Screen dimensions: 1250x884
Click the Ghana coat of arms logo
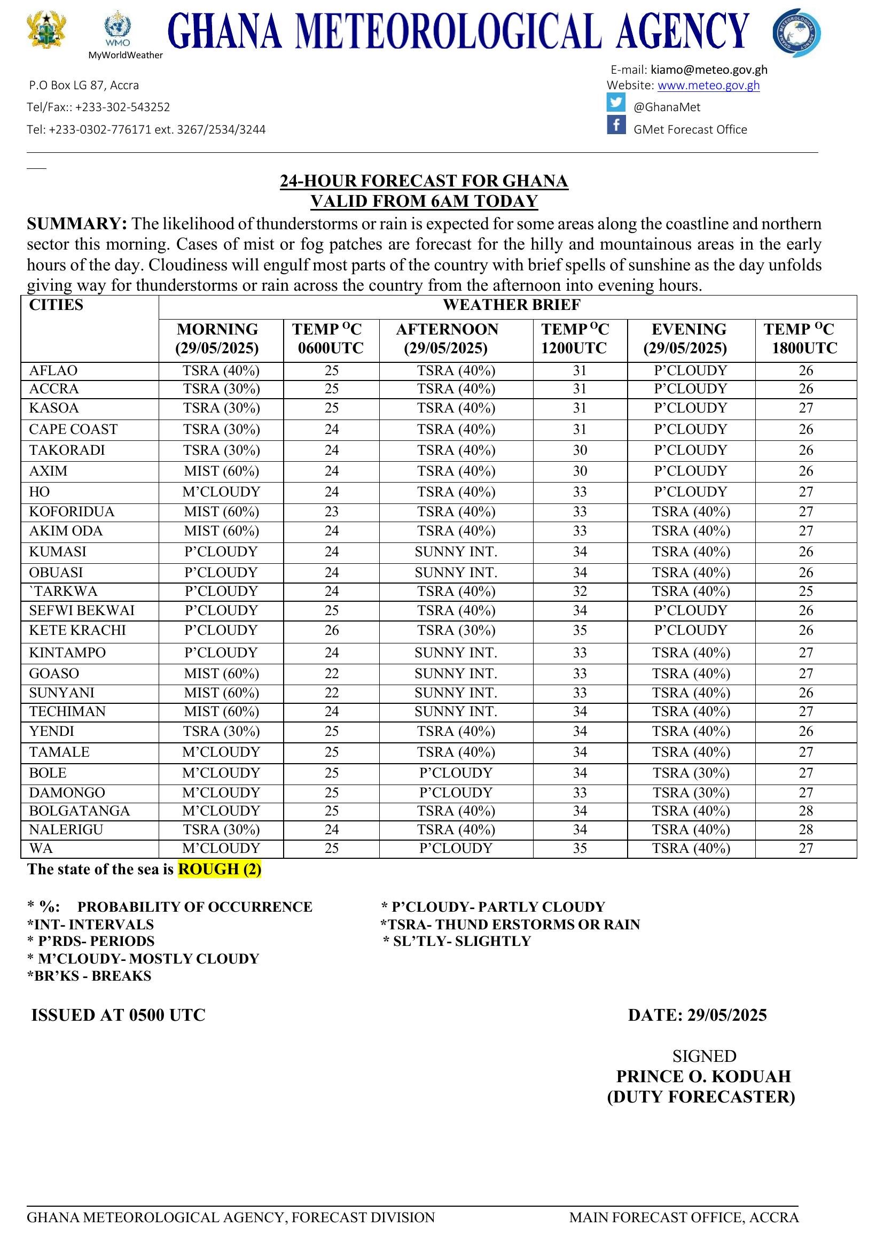[x=46, y=30]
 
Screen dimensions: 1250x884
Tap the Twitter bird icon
[x=616, y=103]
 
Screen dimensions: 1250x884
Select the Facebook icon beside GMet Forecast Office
[x=616, y=125]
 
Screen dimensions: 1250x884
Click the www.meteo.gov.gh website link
[x=708, y=86]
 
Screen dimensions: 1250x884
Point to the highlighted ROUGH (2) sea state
[x=220, y=869]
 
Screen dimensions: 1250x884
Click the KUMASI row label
[x=58, y=552]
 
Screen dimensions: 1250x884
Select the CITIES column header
[x=56, y=305]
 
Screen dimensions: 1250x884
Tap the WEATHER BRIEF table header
[x=511, y=305]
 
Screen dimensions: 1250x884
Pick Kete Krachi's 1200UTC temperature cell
[x=579, y=630]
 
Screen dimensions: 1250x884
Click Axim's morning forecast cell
[x=221, y=471]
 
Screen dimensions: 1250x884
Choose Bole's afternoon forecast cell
[x=456, y=773]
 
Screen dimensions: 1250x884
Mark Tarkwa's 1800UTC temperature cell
[x=805, y=591]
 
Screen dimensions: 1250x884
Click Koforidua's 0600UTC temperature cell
[x=332, y=511]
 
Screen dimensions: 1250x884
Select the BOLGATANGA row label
[x=80, y=811]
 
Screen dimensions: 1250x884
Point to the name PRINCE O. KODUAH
[x=703, y=1076]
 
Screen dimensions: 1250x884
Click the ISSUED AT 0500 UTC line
[x=118, y=1015]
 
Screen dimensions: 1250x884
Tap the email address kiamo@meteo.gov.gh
[x=709, y=69]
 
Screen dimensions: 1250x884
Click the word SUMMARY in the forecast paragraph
[x=77, y=224]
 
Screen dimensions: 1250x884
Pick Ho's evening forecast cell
[x=690, y=492]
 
